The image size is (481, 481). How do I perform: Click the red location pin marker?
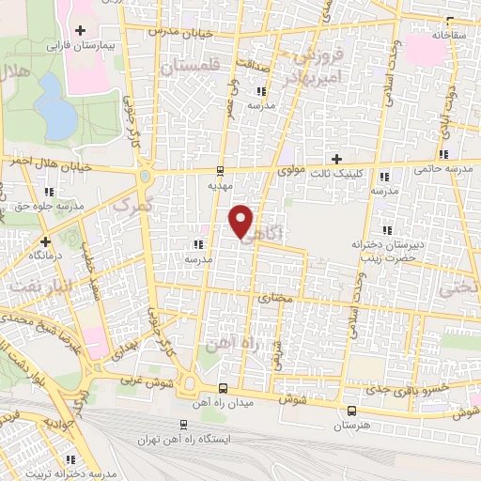241,221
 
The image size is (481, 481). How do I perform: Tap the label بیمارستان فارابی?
81,44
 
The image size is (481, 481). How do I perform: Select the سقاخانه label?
450,34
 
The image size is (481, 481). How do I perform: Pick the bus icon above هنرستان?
351,411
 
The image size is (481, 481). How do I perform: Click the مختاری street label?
275,298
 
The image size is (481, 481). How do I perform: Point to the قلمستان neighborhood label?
188,68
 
